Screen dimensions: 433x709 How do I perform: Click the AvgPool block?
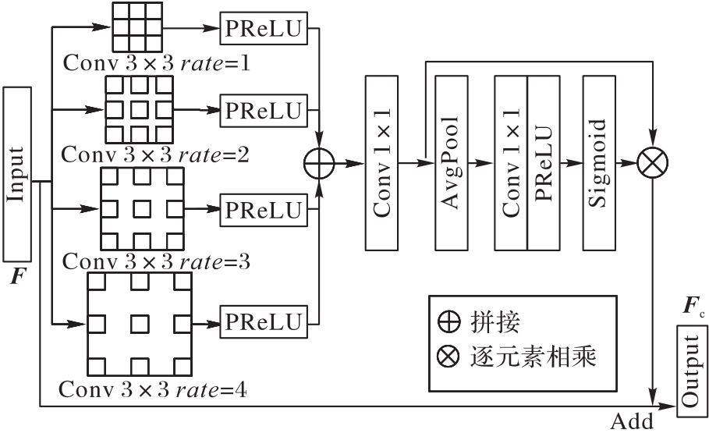click(x=451, y=163)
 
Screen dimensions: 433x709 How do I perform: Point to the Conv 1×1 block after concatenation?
click(x=381, y=163)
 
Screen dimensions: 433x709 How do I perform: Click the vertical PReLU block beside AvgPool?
click(x=544, y=163)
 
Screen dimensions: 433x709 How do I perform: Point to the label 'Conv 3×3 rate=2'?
click(x=155, y=154)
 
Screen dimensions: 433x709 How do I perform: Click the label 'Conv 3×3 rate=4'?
click(x=153, y=388)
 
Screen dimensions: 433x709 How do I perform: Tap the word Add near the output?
click(x=632, y=422)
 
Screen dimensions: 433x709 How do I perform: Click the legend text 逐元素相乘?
click(x=534, y=357)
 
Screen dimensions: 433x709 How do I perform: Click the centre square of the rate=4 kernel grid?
click(x=140, y=321)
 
